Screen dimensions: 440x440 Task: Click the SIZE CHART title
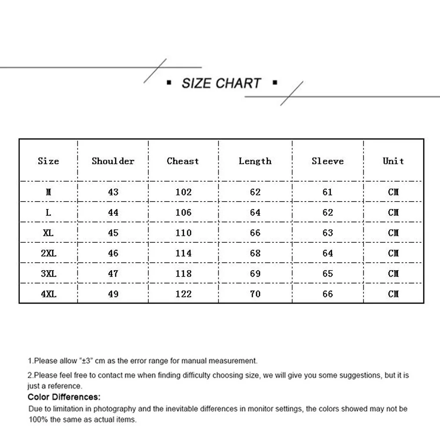coord(221,83)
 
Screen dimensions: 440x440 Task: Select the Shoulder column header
coord(113,161)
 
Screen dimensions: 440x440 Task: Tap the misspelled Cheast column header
coord(183,161)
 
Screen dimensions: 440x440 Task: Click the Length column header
coord(255,161)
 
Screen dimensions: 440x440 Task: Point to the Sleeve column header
coord(328,161)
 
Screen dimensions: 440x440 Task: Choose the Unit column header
coord(393,161)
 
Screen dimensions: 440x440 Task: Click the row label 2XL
coord(48,253)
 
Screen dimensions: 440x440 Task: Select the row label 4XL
coord(48,294)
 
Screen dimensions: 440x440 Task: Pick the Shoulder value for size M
coord(113,192)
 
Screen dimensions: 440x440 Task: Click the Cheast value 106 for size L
coord(183,213)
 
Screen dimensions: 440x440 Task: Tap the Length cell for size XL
coord(255,233)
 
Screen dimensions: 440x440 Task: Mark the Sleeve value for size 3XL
coord(328,273)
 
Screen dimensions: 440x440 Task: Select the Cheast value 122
coord(183,294)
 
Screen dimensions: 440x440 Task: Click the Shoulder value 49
coord(113,294)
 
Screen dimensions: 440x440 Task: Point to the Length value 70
coord(255,294)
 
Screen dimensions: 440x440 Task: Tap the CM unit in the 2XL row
coord(393,253)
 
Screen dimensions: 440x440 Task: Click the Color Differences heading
coord(64,397)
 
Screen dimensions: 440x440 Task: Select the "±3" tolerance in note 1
coord(85,361)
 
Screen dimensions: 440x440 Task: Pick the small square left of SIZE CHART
coord(169,82)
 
